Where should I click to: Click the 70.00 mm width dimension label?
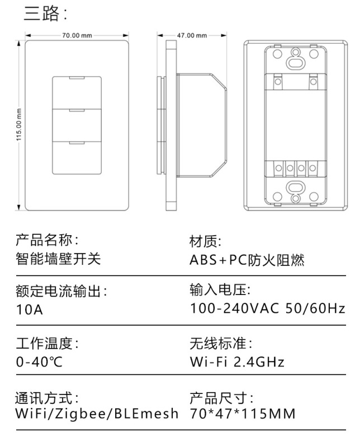pos(77,35)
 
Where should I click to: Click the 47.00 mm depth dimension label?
pos(192,35)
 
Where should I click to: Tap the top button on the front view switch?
pos(77,92)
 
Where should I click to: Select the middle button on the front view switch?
pos(77,125)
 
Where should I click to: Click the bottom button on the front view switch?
pos(77,159)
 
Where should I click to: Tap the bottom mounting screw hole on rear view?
pos(295,188)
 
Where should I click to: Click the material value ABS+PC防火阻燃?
pos(247,260)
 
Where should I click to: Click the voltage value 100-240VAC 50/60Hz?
pos(268,308)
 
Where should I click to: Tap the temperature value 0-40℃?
pos(39,362)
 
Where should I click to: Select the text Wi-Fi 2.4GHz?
pos(237,362)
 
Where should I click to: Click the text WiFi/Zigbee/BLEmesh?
pos(97,414)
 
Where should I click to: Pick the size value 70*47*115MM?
pos(243,414)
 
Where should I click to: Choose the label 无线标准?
pos(221,343)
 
